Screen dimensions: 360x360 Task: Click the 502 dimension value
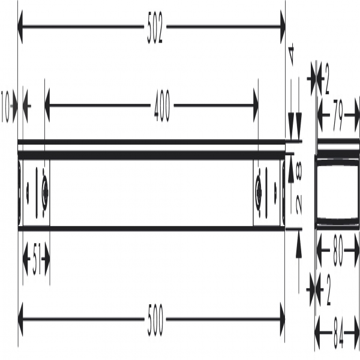pos(155,28)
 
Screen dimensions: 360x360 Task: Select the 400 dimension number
pos(162,106)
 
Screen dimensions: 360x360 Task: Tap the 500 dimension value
pos(155,320)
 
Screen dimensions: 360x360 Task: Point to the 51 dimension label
pos(37,259)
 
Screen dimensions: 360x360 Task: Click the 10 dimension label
pos(5,106)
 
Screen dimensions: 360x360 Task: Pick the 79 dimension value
pos(337,115)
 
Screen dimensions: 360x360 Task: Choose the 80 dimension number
pos(337,251)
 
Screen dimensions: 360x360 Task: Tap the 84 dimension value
pos(338,333)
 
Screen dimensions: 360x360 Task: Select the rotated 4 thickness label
pos(292,55)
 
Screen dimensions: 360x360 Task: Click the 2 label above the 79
pos(326,79)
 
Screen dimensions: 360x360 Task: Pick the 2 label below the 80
pos(328,290)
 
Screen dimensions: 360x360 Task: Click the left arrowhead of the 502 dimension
pos(20,27)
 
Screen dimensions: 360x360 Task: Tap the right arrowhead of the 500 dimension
pos(283,319)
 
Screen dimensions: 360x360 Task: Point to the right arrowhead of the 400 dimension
pos(256,106)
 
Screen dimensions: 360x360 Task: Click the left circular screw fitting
pos(45,192)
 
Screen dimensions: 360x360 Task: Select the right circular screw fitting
pos(259,192)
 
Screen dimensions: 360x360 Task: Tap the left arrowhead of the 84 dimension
pos(317,332)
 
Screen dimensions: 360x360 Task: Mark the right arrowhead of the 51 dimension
pos(47,259)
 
